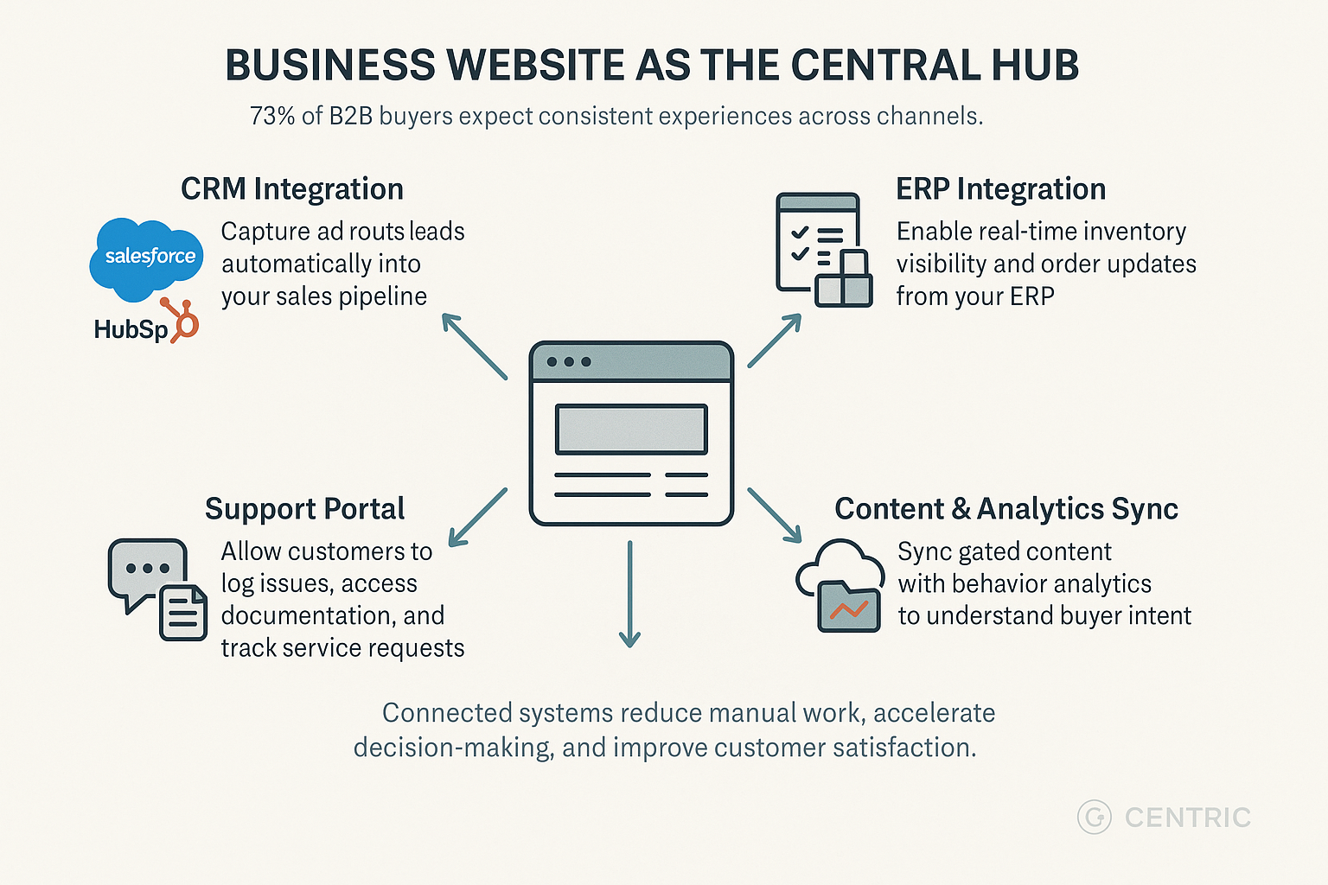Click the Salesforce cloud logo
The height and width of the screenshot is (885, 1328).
(x=147, y=257)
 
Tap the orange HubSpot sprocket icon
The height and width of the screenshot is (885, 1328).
(x=182, y=321)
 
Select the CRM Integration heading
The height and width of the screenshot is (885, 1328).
(x=292, y=189)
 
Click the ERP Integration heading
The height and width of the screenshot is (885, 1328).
(x=1000, y=189)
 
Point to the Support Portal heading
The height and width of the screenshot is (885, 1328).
(x=304, y=509)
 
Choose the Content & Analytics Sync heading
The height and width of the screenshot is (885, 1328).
(x=1006, y=509)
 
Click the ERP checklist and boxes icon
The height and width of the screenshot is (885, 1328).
(x=823, y=250)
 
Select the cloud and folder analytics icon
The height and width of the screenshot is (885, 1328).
(x=840, y=585)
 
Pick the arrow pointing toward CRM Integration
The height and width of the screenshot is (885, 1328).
(x=474, y=347)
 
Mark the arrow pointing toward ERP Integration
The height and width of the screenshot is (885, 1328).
(x=775, y=340)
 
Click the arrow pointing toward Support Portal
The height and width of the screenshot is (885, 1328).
(x=477, y=517)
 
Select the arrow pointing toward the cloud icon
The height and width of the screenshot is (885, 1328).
(x=775, y=515)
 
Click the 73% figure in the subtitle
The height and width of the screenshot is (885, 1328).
(x=272, y=116)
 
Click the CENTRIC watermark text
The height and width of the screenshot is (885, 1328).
(x=1187, y=818)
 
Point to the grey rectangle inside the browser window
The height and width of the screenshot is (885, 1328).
(x=631, y=429)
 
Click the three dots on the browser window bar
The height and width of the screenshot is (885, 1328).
(x=569, y=361)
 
